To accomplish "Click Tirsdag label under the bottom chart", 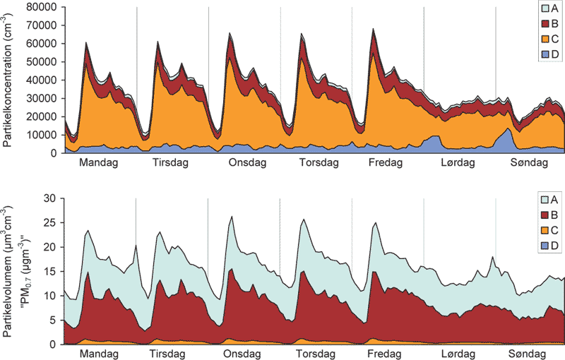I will (x=172, y=353).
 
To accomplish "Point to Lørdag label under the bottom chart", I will (x=458, y=353).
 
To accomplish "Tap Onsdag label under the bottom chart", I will (x=244, y=353).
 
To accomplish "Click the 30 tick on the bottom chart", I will (x=50, y=198).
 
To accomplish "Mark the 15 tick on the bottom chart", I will (x=50, y=272).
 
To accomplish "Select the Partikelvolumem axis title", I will (x=8, y=271).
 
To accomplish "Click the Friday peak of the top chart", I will (x=373, y=30).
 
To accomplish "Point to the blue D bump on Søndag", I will (x=509, y=130).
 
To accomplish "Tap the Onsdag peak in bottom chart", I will (x=231, y=217).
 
